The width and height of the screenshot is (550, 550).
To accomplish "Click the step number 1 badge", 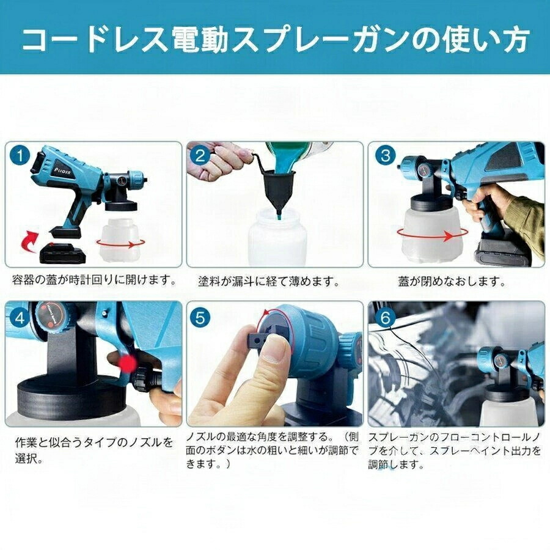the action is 20,155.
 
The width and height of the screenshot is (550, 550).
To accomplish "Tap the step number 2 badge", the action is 200,155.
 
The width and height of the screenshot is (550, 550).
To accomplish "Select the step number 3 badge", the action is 386,155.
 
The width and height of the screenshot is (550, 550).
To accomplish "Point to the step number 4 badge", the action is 20,318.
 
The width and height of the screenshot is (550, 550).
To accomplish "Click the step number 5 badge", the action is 200,318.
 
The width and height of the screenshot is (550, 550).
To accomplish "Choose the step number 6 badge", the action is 386,318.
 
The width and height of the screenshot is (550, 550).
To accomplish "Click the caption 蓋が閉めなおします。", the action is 452,282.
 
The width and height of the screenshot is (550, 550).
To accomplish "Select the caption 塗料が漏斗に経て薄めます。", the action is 269,282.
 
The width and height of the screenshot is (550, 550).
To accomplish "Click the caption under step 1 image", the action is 94,280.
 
